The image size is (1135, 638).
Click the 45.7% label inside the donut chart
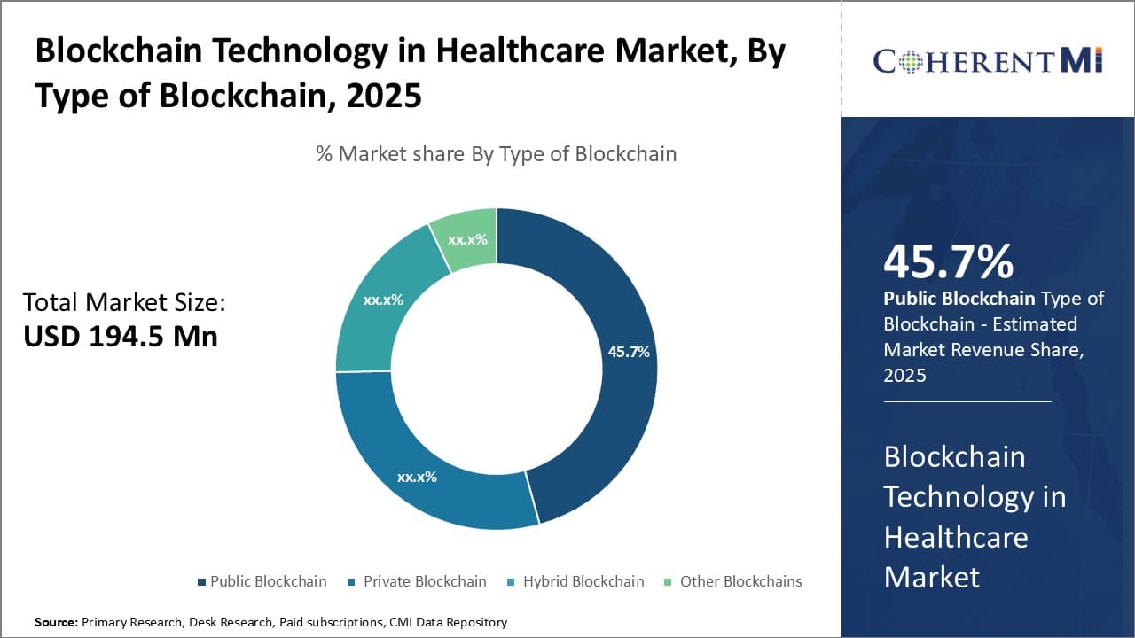click(x=629, y=352)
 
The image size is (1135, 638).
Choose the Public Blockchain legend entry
click(x=261, y=581)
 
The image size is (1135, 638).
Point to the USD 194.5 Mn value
click(x=121, y=337)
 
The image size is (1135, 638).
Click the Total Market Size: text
click(x=124, y=303)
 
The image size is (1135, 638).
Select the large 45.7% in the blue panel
click(x=948, y=262)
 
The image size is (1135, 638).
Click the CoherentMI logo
click(x=987, y=60)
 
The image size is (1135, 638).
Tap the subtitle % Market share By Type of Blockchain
click(x=496, y=154)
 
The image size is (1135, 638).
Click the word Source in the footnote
click(x=56, y=622)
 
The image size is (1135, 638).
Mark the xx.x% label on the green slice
click(x=467, y=239)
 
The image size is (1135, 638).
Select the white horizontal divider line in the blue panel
click(x=967, y=401)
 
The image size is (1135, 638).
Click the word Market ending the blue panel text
click(x=932, y=577)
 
